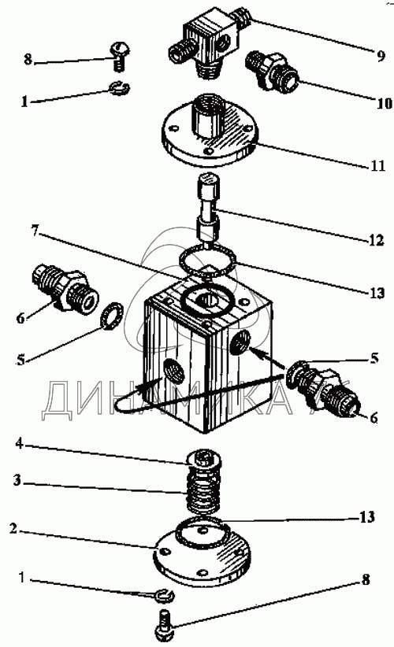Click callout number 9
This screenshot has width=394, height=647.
point(381,55)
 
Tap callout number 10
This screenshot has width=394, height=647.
point(384,102)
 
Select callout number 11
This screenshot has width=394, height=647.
point(377,165)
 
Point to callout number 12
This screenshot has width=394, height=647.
point(376,240)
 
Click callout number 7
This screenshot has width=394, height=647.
point(35,231)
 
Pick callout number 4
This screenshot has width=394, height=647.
point(20,444)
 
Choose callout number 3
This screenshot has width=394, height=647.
point(17,481)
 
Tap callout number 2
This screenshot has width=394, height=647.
point(13,529)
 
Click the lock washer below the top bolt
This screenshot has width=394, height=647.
point(120,87)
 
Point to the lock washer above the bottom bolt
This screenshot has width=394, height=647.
point(165,594)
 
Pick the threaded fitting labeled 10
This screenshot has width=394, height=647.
point(271,72)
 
